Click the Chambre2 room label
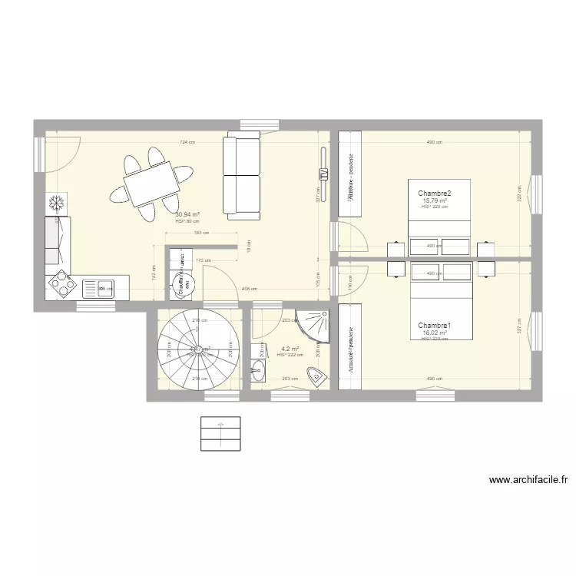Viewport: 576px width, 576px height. [x=434, y=194]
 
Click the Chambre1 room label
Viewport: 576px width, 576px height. [x=434, y=326]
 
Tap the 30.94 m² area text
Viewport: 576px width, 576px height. [x=187, y=215]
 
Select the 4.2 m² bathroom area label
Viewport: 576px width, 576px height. [x=290, y=348]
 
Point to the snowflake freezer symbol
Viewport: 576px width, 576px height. [x=56, y=203]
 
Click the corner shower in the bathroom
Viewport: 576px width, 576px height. [x=316, y=326]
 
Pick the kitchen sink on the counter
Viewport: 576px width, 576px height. [x=104, y=289]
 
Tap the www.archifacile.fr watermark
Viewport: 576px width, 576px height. [x=529, y=481]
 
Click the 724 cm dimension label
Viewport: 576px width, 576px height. [x=187, y=143]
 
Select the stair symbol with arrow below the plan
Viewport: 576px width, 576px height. [x=220, y=433]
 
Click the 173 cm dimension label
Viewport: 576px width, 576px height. [x=203, y=260]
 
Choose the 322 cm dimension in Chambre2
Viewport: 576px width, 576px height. [x=519, y=197]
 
